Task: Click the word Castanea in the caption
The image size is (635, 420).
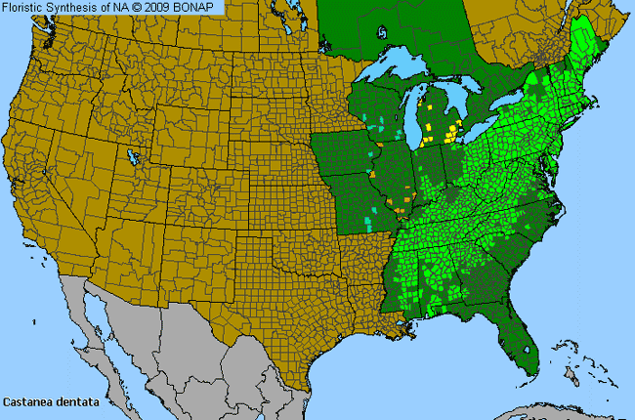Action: (x=26, y=400)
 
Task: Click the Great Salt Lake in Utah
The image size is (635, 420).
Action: (x=131, y=156)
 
